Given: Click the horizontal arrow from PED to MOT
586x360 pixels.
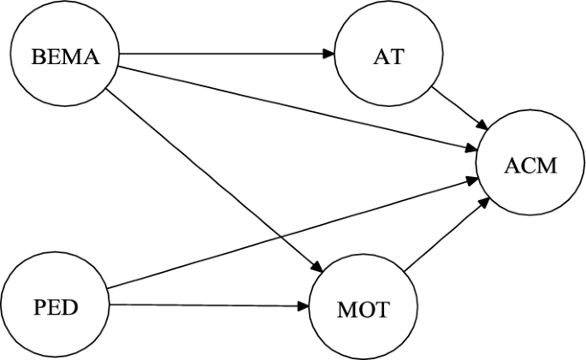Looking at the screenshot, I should click(x=205, y=304).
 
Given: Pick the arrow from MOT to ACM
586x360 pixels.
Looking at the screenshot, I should click(x=445, y=236).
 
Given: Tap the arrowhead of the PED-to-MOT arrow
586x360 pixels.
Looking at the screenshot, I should click(x=305, y=304).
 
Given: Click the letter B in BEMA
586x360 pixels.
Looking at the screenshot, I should click(x=37, y=57).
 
